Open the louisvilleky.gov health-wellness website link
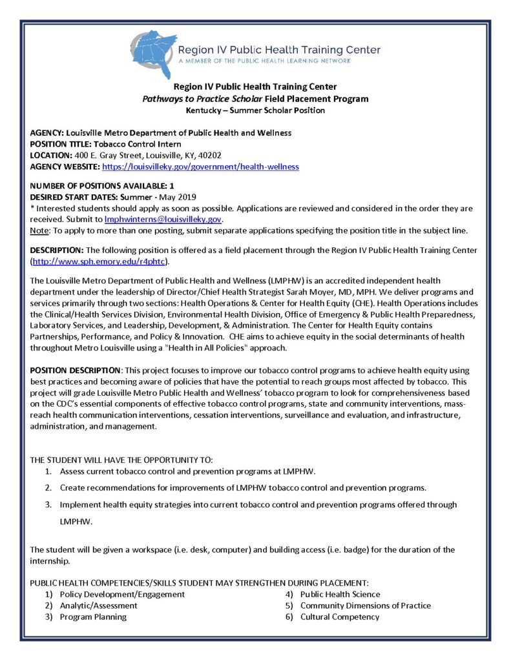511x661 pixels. [200, 167]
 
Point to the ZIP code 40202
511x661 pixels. [209, 156]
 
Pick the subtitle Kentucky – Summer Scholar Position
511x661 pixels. [255, 110]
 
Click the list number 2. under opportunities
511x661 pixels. [48, 487]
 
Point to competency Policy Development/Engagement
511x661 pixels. [122, 594]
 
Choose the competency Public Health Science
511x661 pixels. [340, 594]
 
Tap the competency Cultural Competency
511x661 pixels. [340, 616]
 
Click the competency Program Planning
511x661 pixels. [93, 616]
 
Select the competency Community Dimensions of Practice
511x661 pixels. [365, 605]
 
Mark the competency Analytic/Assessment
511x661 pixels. [98, 605]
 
